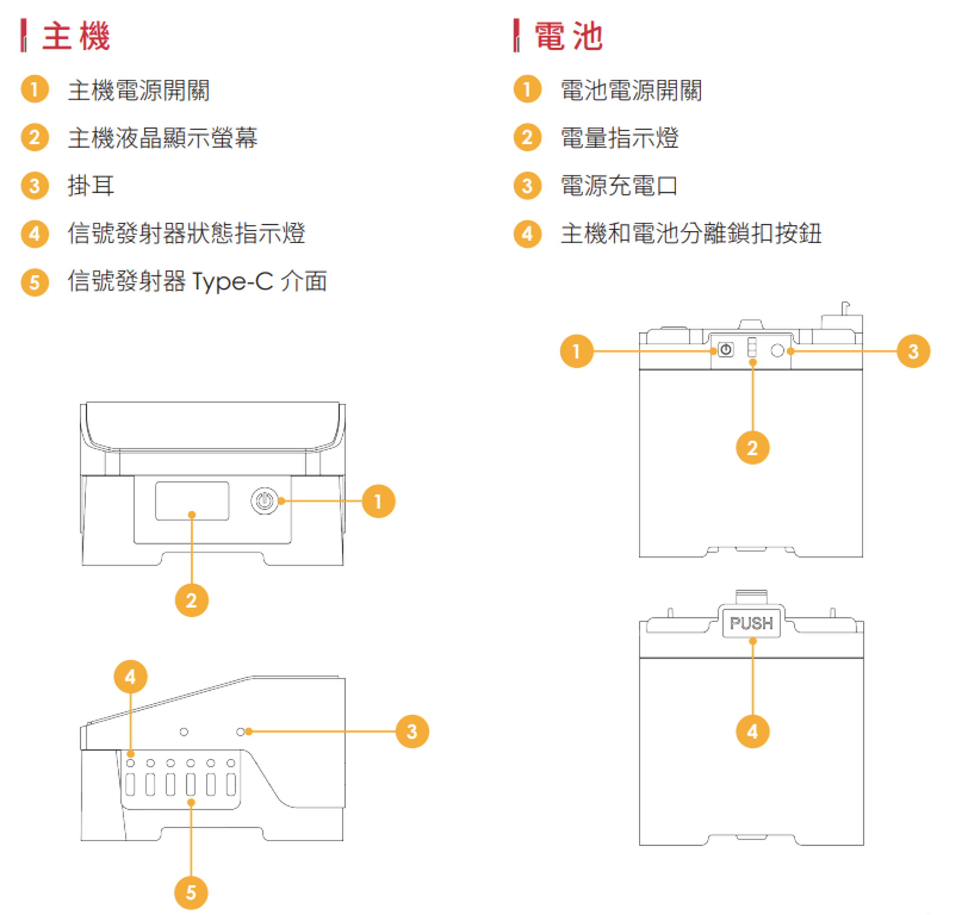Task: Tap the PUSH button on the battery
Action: [x=751, y=623]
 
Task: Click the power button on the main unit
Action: [x=264, y=501]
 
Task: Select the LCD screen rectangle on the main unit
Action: [x=192, y=501]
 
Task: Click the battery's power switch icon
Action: [x=726, y=350]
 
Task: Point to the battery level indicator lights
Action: [x=752, y=348]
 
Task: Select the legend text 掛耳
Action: [x=91, y=186]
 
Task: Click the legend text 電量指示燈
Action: [x=620, y=138]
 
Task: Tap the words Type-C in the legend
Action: [x=232, y=281]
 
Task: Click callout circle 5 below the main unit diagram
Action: [x=191, y=892]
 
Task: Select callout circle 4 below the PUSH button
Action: [x=752, y=731]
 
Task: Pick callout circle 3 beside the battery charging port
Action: [x=913, y=351]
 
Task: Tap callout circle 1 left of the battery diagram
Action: [x=576, y=351]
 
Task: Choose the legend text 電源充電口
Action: [x=619, y=186]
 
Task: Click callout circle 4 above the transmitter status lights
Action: [x=130, y=676]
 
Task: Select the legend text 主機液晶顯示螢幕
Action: [x=162, y=138]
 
